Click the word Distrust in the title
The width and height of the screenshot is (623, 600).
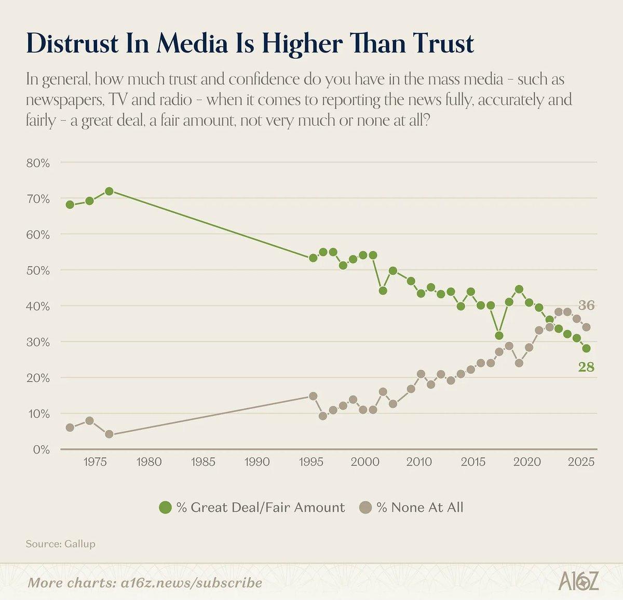click(73, 44)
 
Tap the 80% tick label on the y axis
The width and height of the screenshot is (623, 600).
click(38, 163)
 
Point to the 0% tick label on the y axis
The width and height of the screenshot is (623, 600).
click(41, 450)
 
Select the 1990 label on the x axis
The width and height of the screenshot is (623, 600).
click(257, 462)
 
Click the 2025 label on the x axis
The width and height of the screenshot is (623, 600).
click(581, 462)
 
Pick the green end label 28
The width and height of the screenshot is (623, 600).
click(586, 367)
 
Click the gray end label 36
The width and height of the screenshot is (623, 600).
click(586, 305)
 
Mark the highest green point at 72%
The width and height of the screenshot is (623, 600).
click(109, 191)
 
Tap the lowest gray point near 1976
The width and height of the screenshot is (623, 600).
click(109, 434)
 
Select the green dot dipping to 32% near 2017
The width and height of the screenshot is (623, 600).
click(499, 336)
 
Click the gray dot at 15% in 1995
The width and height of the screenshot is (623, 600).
click(313, 396)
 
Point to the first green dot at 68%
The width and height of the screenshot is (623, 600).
click(70, 204)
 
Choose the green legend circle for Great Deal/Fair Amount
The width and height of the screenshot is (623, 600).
click(165, 508)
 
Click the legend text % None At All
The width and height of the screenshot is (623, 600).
click(419, 508)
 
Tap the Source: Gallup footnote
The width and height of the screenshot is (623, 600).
click(60, 544)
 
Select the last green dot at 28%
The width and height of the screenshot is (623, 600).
click(586, 349)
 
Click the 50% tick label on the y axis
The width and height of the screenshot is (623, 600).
click(38, 271)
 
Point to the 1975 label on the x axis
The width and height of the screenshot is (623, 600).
click(94, 462)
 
